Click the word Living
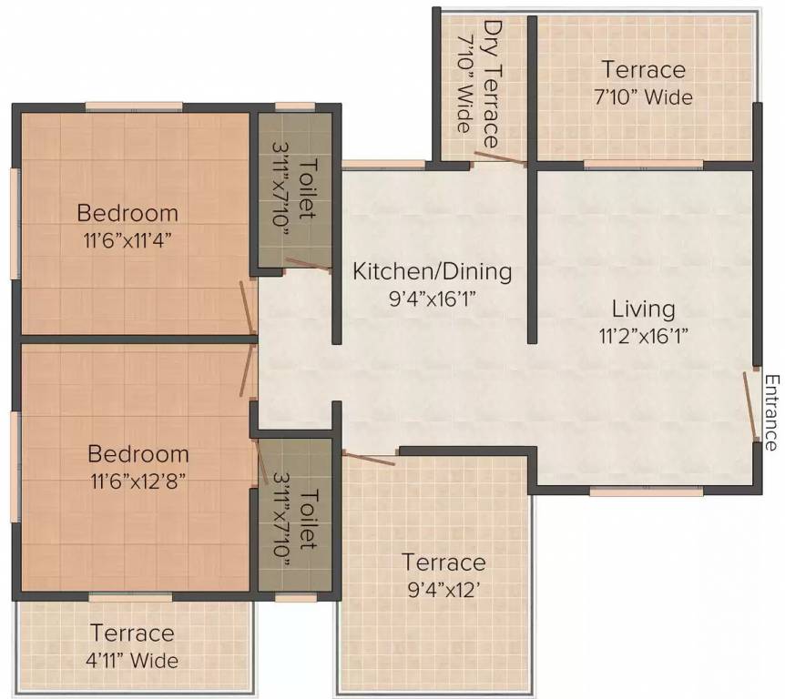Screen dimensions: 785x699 (x=643, y=309)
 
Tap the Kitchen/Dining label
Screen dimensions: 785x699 (x=433, y=271)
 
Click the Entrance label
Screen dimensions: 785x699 (x=772, y=413)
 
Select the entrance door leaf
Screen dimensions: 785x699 (x=750, y=406)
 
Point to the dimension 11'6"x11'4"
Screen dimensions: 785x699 (x=127, y=241)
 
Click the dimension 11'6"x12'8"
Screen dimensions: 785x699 (x=138, y=481)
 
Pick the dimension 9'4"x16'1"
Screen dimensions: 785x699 (x=432, y=299)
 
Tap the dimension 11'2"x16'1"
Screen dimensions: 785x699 (x=644, y=335)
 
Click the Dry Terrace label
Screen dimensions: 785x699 (x=492, y=84)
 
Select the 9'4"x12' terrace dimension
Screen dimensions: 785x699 (x=443, y=591)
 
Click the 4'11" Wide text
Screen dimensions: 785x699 (x=132, y=661)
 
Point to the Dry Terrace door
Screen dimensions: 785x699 (x=501, y=157)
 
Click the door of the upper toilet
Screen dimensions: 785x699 (x=309, y=265)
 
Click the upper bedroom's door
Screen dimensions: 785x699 (x=248, y=308)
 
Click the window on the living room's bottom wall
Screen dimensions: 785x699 (x=647, y=491)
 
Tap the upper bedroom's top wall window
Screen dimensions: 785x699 (x=134, y=106)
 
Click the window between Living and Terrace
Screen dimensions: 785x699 (x=643, y=164)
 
